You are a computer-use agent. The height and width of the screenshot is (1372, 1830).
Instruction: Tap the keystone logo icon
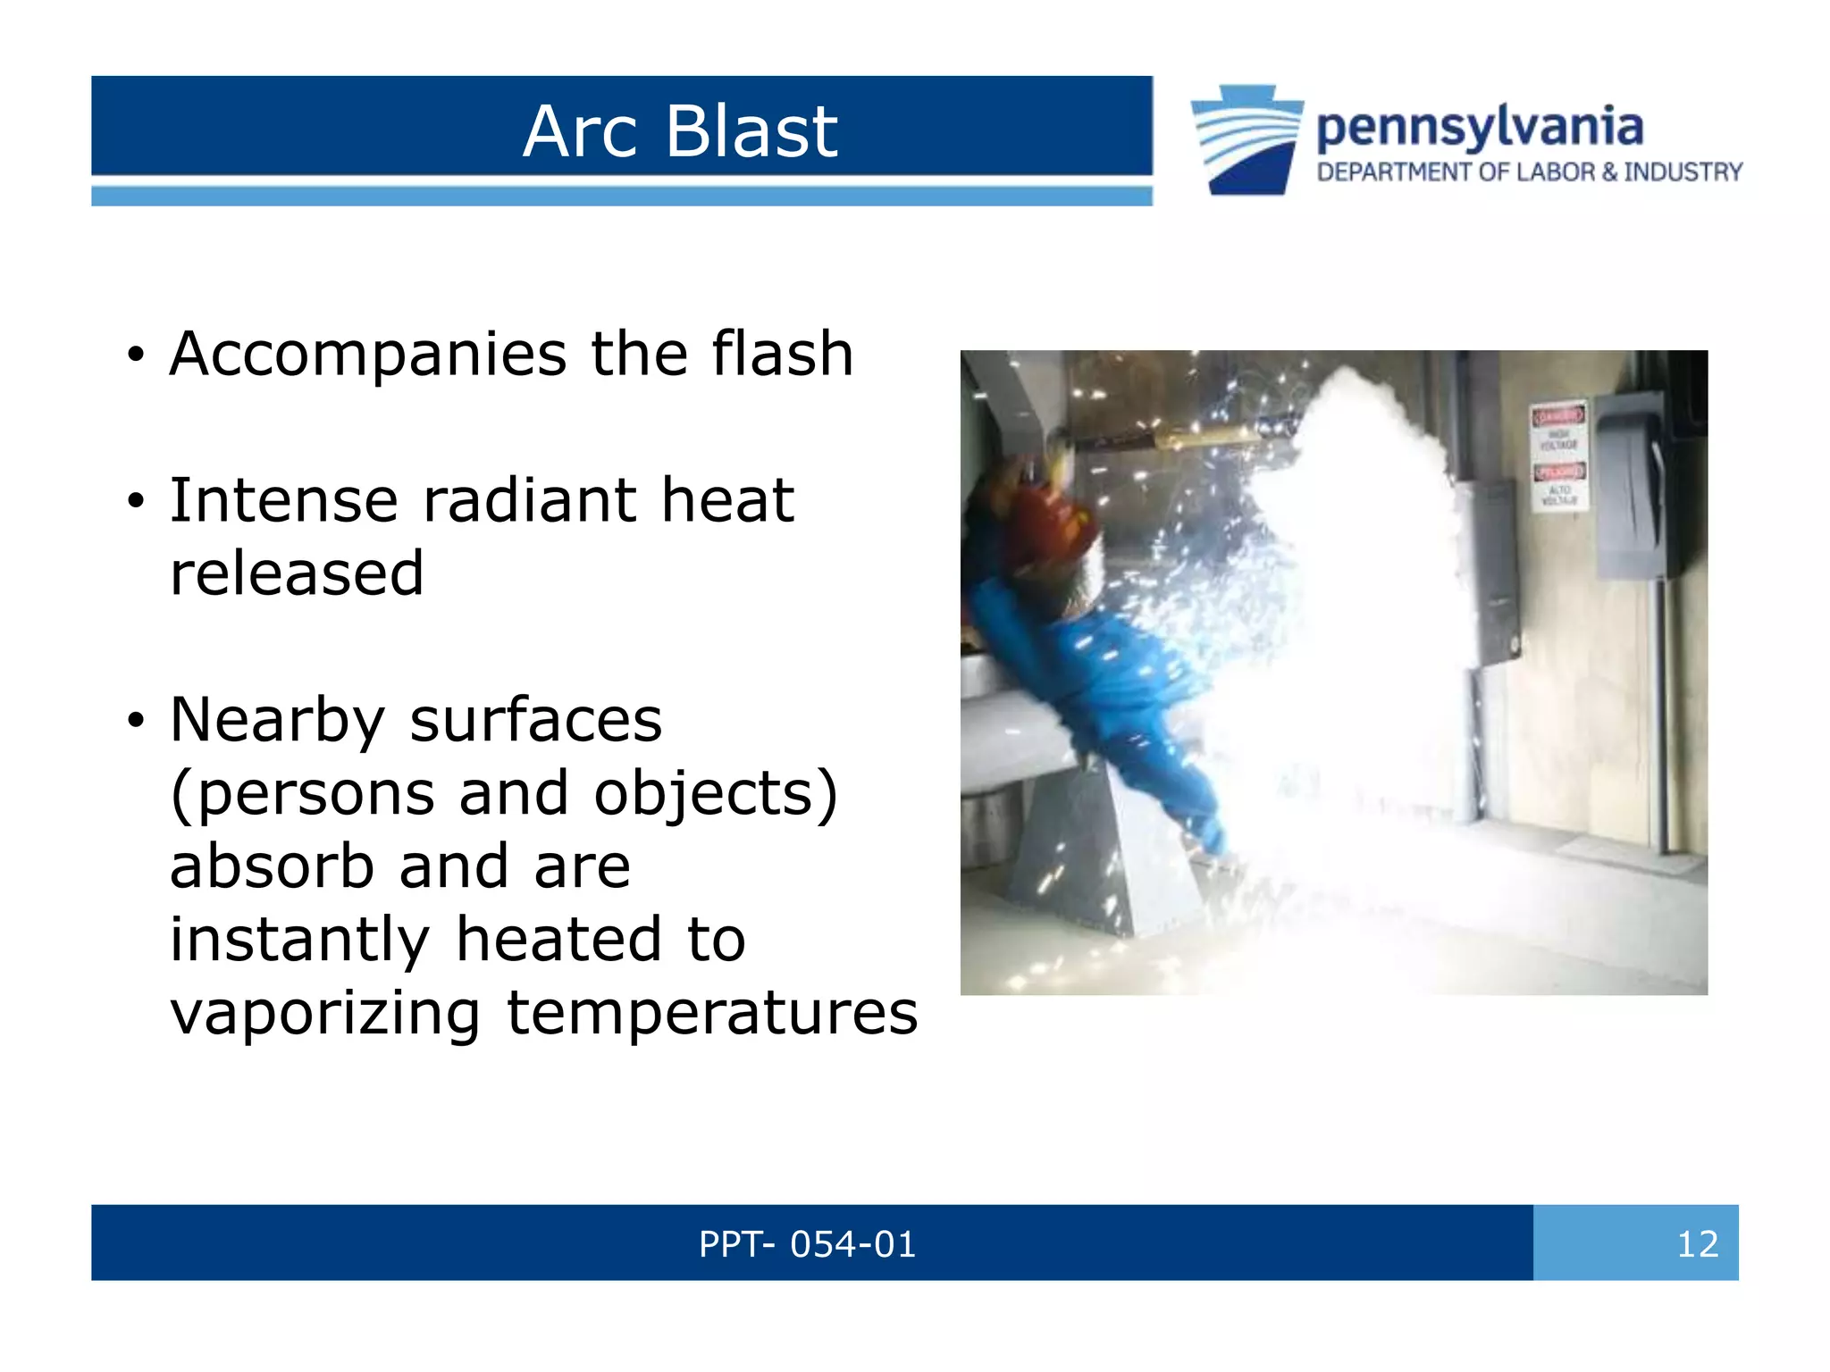(x=1247, y=139)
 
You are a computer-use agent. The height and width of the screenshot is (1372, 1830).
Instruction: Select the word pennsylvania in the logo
(x=1480, y=128)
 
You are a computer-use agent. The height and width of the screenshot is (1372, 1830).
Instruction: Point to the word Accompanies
(x=367, y=355)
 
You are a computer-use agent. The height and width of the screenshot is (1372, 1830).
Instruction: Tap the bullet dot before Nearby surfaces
(x=135, y=719)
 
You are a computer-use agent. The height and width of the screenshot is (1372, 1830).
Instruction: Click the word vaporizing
(x=325, y=1014)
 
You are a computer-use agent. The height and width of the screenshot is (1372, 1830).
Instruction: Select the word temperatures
(x=712, y=1014)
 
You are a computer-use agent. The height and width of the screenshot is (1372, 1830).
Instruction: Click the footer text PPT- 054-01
(x=807, y=1244)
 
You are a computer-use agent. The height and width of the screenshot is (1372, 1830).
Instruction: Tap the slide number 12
(x=1697, y=1244)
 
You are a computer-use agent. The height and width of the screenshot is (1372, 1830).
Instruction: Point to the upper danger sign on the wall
(x=1558, y=429)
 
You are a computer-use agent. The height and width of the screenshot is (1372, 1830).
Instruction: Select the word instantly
(x=299, y=940)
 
